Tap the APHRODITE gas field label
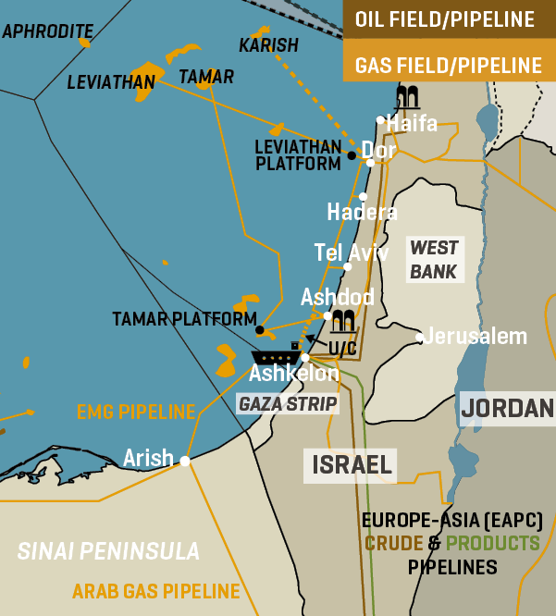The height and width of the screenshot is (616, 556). [x=47, y=31]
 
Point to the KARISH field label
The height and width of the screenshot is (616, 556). [x=268, y=45]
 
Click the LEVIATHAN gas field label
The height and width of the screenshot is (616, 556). [x=111, y=83]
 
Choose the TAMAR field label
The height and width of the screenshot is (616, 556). [x=205, y=77]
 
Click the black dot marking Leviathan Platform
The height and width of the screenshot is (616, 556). [x=352, y=155]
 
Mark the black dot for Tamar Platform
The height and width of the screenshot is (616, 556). [x=260, y=329]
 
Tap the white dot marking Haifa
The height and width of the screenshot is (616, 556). [x=380, y=119]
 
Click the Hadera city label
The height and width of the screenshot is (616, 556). [x=362, y=213]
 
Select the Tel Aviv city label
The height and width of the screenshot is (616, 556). [x=351, y=253]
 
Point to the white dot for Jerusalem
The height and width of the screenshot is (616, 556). [x=420, y=338]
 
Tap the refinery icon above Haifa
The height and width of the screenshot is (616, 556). [x=407, y=96]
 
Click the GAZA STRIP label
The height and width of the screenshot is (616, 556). [x=288, y=404]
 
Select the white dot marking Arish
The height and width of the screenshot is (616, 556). [x=185, y=461]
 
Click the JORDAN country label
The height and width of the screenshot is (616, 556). [x=507, y=408]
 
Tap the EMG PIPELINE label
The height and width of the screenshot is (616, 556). [x=136, y=412]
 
